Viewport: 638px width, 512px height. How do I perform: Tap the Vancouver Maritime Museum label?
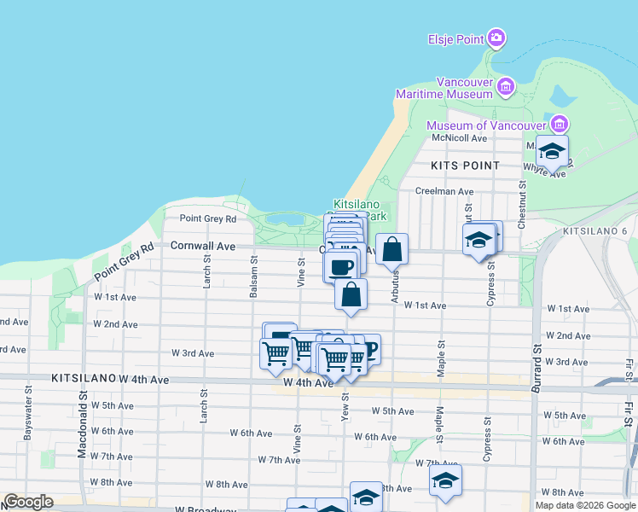(466, 87)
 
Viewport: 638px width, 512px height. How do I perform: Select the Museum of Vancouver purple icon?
(559, 122)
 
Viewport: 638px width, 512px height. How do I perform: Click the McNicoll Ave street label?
(459, 138)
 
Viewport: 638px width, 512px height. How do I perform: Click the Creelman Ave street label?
(444, 192)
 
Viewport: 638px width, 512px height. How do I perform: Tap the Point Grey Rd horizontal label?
(207, 218)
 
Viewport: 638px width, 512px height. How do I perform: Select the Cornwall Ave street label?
(202, 246)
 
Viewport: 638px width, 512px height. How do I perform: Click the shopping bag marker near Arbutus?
(391, 250)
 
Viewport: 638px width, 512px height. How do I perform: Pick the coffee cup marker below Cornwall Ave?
(340, 266)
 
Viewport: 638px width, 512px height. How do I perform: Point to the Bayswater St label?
(28, 416)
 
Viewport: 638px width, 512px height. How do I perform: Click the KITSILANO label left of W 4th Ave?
(83, 377)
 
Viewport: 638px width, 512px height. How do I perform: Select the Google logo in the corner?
(28, 502)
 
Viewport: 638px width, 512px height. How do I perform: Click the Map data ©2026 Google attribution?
(585, 505)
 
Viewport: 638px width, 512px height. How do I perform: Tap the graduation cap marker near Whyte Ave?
(552, 151)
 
